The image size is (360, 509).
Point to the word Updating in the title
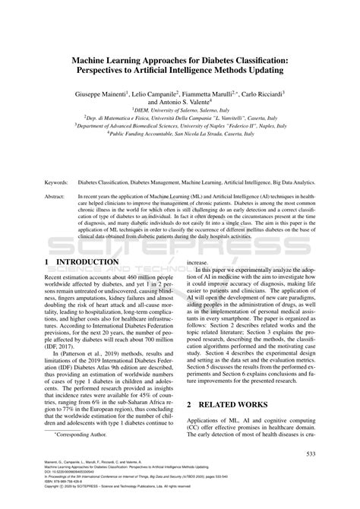[x=260, y=70]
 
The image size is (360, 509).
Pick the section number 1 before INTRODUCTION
[x=49, y=262]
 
